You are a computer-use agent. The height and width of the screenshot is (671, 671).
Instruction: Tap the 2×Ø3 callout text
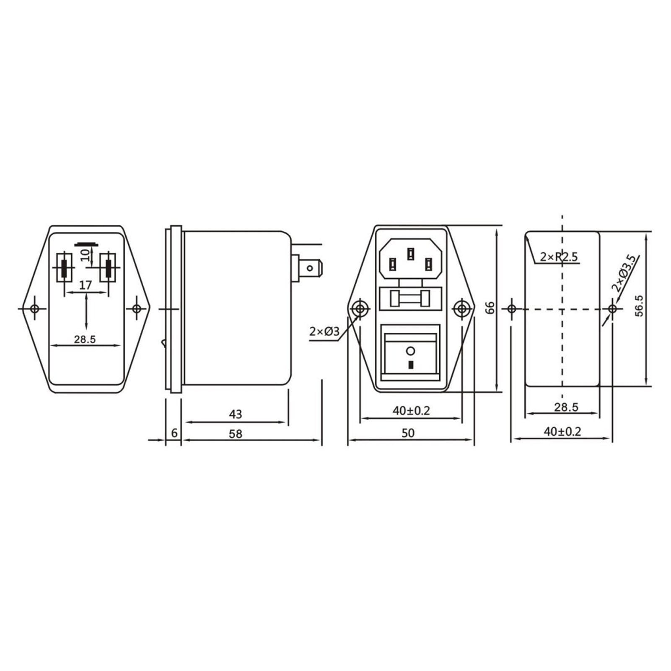click(324, 332)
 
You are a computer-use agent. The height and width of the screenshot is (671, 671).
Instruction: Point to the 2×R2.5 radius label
click(559, 256)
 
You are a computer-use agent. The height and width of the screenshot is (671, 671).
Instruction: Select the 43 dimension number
click(236, 414)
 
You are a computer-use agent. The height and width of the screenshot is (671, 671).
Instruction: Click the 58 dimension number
click(236, 434)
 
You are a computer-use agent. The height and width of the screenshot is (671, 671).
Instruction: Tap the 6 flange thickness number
click(174, 433)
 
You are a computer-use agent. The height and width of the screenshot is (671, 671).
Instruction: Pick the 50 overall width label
click(408, 433)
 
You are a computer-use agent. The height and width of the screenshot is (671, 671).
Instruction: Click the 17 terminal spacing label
click(85, 285)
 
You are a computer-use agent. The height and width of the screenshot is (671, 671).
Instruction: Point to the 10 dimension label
click(85, 254)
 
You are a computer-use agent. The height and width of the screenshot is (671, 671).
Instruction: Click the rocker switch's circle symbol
click(410, 350)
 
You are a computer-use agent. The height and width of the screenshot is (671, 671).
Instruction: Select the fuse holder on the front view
click(410, 299)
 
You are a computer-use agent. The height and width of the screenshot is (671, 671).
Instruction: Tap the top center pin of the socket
click(410, 253)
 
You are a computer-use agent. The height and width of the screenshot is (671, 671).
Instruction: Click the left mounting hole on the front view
click(359, 309)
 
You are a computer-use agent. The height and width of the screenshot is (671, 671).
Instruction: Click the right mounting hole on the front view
click(462, 309)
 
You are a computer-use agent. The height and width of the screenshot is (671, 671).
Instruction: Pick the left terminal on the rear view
click(64, 268)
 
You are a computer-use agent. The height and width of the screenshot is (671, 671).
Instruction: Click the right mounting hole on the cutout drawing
click(612, 309)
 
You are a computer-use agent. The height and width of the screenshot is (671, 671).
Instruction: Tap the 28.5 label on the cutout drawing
click(566, 407)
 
